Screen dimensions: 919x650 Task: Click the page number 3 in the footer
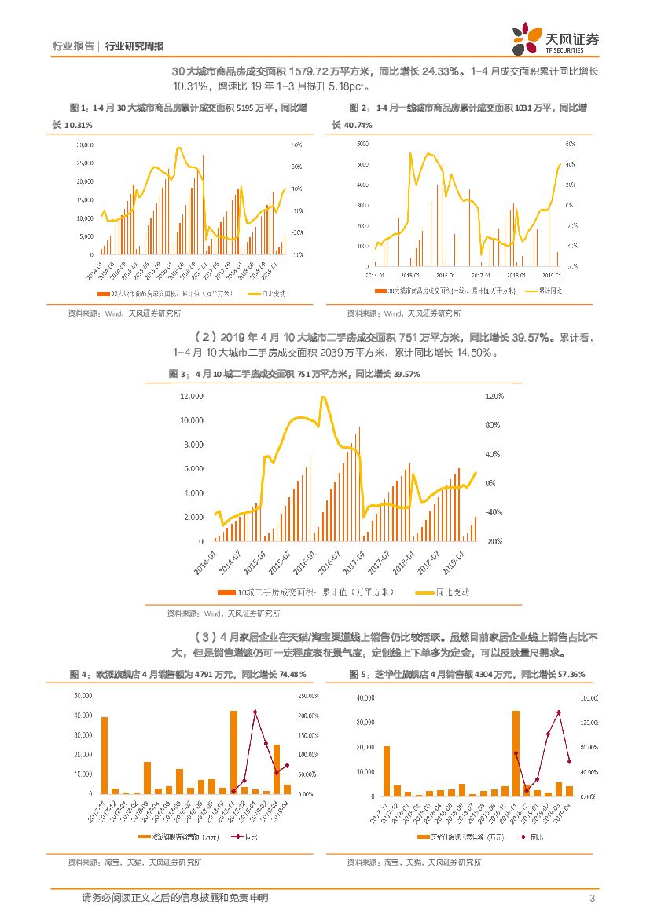(590, 898)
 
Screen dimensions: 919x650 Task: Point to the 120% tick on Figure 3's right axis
(494, 397)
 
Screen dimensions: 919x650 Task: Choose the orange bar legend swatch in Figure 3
(226, 592)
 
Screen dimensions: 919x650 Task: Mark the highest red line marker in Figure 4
(255, 712)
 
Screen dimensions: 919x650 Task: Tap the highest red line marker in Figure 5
(559, 712)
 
